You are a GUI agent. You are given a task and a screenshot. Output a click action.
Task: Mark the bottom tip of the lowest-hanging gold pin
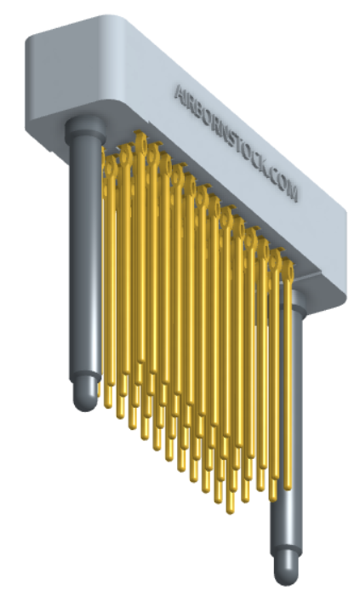coord(231,509)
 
